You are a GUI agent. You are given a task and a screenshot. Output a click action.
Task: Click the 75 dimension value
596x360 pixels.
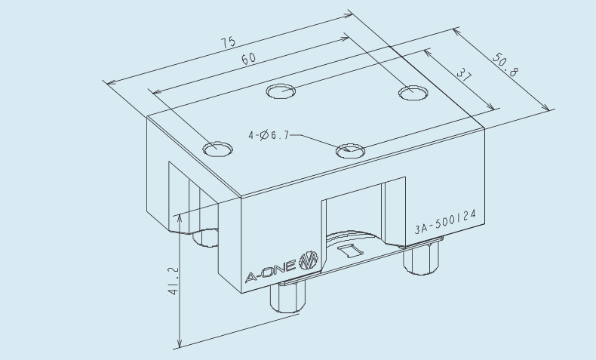point(229,42)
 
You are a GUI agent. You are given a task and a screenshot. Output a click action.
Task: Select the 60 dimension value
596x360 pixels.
point(249,59)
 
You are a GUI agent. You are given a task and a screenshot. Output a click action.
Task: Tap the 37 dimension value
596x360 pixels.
point(464,75)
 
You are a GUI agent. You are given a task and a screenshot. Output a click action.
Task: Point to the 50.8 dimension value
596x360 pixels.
point(505,65)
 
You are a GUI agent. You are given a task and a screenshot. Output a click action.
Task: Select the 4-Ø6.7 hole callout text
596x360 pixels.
point(269,135)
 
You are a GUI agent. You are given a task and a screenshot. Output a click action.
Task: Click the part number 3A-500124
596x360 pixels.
point(445,222)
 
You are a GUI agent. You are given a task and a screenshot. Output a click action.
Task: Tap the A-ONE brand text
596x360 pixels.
point(270,272)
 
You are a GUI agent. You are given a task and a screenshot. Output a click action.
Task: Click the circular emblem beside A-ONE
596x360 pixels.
point(309,260)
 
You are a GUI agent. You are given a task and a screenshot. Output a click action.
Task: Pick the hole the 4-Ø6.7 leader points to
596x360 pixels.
point(350,151)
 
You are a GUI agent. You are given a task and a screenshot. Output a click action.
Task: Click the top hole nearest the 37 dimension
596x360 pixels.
point(413,93)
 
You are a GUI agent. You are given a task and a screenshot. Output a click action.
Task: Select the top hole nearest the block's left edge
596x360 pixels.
point(217,149)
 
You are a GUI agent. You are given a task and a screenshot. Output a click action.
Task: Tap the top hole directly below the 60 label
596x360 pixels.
point(281,91)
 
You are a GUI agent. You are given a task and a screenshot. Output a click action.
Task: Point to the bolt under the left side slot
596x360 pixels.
point(205,238)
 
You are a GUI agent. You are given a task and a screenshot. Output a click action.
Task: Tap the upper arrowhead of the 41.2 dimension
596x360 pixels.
point(180,218)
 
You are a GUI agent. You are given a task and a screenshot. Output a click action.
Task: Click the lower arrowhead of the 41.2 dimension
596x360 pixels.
point(180,343)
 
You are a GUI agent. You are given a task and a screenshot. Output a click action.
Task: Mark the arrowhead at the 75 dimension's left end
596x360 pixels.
point(111,82)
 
